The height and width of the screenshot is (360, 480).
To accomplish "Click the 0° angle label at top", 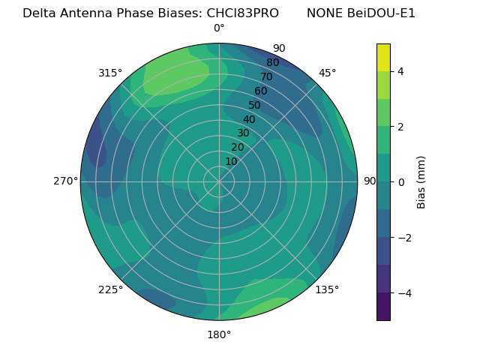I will point(219,28).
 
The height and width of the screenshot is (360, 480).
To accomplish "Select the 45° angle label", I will point(327,73).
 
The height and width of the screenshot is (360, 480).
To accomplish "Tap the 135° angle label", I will point(327,289).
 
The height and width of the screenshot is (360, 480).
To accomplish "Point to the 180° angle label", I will point(219,334).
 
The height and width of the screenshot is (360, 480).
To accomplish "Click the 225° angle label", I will point(110,289).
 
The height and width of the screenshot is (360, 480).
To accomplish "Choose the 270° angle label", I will point(66,181).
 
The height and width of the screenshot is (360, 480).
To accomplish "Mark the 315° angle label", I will point(110,73).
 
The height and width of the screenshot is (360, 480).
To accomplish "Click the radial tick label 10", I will point(231,161).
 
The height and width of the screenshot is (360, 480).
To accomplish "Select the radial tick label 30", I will point(243,133).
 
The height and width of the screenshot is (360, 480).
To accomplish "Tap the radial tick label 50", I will point(254,105).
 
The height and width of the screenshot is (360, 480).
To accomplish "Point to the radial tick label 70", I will point(266,76).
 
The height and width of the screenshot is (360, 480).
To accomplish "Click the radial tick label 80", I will point(272,63).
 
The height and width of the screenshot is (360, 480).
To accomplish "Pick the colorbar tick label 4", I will point(401,71).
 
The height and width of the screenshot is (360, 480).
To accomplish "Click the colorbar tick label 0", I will point(401,182).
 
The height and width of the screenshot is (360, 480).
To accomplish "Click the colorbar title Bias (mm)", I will point(421,182).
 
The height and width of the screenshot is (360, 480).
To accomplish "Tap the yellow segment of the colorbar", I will point(383,57).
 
